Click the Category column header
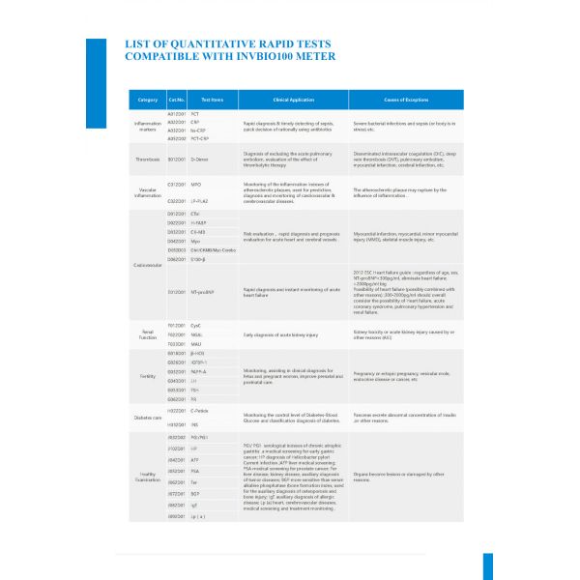point(148,100)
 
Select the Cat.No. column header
point(176,100)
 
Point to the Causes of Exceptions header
point(406,100)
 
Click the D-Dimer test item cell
point(201,159)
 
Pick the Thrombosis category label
point(148,159)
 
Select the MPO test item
point(195,184)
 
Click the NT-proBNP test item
point(203,291)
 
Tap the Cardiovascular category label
point(148,263)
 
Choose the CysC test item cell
point(196,326)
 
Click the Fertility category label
point(148,375)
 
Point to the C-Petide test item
point(201,412)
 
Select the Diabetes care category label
point(148,418)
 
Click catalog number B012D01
point(176,159)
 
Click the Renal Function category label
point(148,333)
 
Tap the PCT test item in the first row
point(194,114)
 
